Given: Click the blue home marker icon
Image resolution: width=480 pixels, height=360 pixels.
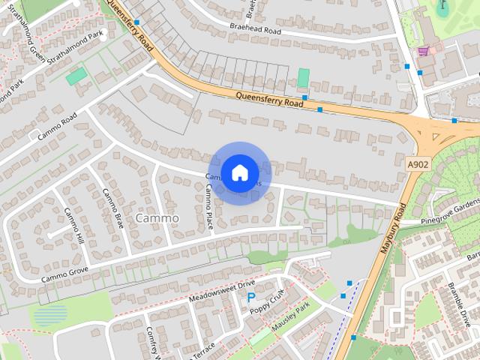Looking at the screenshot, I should (239, 172).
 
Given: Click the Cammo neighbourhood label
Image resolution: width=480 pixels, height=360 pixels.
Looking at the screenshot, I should (157, 217).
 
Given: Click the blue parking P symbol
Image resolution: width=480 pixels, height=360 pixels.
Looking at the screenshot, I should (250, 298).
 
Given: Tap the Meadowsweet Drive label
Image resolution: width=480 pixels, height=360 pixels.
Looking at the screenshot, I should (222, 290).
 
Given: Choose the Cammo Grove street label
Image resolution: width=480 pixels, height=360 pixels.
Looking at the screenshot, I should (64, 274).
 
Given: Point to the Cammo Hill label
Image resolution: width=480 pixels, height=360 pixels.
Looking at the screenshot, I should (73, 225).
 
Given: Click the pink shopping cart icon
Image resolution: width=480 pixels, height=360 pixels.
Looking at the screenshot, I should (424, 51).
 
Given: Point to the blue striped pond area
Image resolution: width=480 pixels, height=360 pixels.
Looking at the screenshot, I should (50, 315).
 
